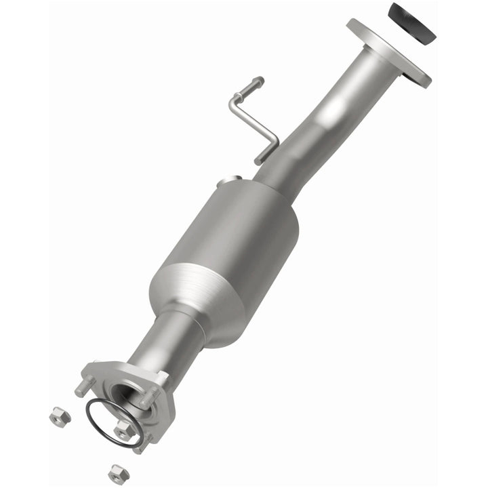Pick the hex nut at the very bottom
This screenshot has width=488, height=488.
point(118,472)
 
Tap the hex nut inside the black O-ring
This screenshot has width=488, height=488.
point(123,429)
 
